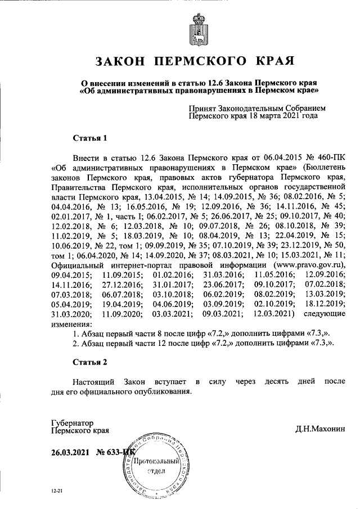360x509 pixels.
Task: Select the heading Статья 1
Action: click(90, 138)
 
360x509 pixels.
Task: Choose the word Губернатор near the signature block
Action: click(71, 422)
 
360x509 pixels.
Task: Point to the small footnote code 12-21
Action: click(56, 492)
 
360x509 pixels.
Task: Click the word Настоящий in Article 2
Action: click(92, 382)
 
